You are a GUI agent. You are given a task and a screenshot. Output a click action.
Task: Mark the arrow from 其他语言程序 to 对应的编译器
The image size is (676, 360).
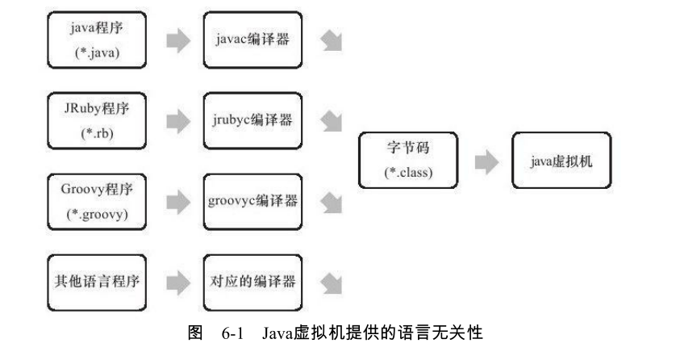[x=177, y=283]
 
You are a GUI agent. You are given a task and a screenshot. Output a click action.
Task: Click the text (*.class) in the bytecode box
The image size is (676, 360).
[x=408, y=173]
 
